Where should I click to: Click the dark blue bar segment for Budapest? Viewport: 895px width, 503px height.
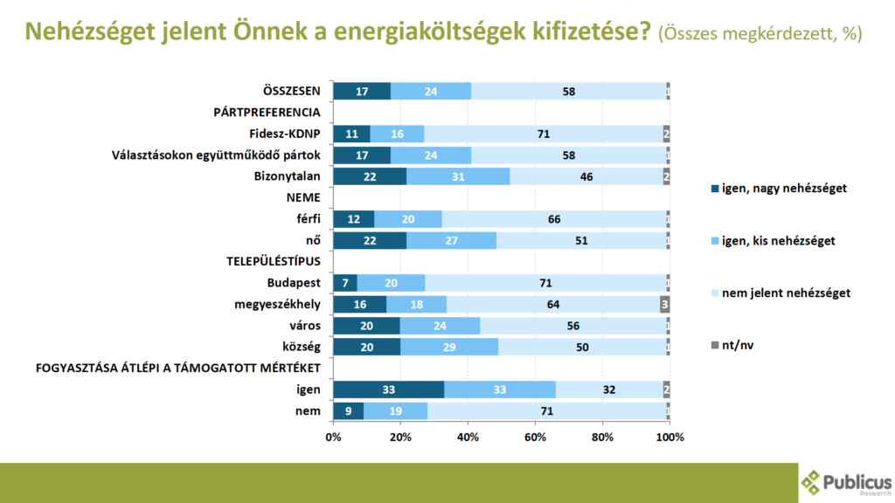point(345,283)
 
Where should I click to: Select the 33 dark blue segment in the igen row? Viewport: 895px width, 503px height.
point(388,389)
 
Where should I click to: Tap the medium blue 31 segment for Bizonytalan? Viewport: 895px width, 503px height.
point(458,176)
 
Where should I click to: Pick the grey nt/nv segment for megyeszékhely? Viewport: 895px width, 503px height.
point(664,304)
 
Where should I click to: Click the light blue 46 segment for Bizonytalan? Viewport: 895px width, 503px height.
point(586,176)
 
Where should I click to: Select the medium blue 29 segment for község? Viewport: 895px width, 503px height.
point(449,347)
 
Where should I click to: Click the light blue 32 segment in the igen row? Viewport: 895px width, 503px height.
point(608,389)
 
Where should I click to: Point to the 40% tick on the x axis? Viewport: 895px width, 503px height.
point(468,436)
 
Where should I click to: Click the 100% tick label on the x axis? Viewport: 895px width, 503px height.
point(670,436)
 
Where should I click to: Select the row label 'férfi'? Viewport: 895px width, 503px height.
point(305,219)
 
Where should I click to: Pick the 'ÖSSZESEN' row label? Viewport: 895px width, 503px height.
point(292,91)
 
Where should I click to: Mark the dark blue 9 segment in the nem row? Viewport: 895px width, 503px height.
point(348,410)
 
